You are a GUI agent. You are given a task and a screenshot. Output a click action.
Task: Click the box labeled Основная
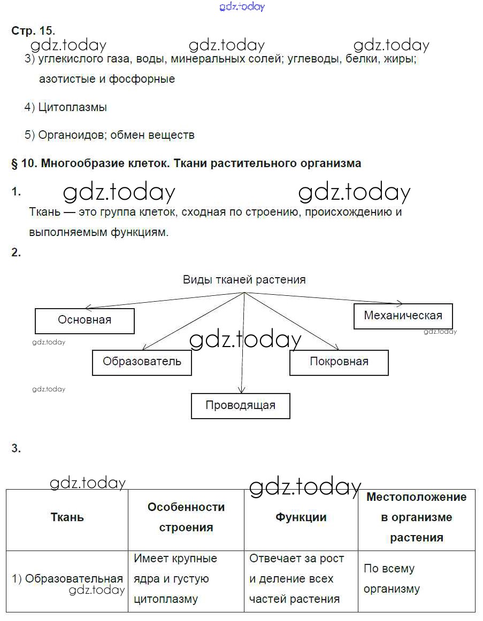click(x=85, y=320)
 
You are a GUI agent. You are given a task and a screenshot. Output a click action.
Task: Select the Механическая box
click(x=403, y=316)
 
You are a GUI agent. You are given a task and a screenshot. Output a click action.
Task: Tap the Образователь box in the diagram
click(x=142, y=362)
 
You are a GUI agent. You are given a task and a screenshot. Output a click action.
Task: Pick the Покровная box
click(x=339, y=362)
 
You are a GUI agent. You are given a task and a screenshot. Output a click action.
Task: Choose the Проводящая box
click(x=240, y=405)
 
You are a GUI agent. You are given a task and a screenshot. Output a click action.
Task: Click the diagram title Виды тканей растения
click(x=244, y=280)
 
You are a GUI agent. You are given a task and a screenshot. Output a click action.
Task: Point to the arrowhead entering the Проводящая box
click(x=242, y=391)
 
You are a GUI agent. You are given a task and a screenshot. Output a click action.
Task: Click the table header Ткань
click(x=67, y=517)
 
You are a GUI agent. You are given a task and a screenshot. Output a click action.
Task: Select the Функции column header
click(x=301, y=517)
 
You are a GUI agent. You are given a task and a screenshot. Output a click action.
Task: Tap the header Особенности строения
click(x=186, y=517)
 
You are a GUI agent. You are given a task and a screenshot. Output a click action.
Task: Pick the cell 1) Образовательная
click(x=67, y=579)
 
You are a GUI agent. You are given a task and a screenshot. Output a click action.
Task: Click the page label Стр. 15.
click(x=33, y=31)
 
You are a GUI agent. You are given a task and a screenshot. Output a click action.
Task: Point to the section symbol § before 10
click(x=14, y=163)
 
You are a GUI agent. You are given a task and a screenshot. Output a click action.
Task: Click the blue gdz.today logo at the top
click(x=242, y=7)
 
